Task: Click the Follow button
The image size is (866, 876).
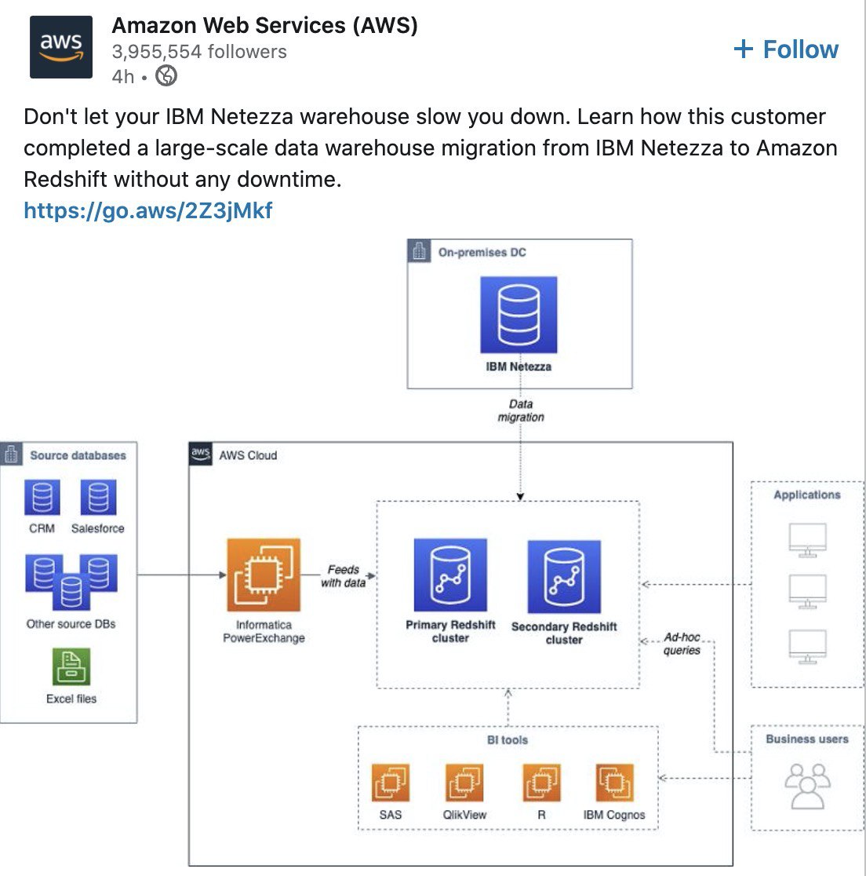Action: (786, 49)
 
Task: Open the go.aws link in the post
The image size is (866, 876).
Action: (148, 210)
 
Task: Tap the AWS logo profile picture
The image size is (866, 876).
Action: (61, 47)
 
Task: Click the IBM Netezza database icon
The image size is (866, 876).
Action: (519, 315)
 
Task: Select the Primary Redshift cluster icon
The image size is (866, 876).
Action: (450, 575)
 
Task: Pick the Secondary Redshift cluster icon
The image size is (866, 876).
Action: (564, 577)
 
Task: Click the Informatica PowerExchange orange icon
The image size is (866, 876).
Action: (264, 575)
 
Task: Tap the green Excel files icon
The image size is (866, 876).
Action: (71, 667)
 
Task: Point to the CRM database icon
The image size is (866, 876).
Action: (42, 498)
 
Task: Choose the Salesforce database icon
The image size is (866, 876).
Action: (98, 498)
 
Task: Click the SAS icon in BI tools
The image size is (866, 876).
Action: (390, 783)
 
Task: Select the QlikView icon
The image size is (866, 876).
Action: (464, 783)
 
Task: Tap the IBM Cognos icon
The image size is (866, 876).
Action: (614, 783)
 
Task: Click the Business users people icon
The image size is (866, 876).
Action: (807, 786)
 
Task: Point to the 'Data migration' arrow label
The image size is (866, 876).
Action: (521, 411)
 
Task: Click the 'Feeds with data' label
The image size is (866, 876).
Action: (344, 576)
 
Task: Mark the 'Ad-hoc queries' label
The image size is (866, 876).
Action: (682, 644)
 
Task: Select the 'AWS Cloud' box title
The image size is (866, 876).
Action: (248, 455)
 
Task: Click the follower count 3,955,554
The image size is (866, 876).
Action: (199, 52)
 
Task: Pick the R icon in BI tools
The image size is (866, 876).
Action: (541, 783)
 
